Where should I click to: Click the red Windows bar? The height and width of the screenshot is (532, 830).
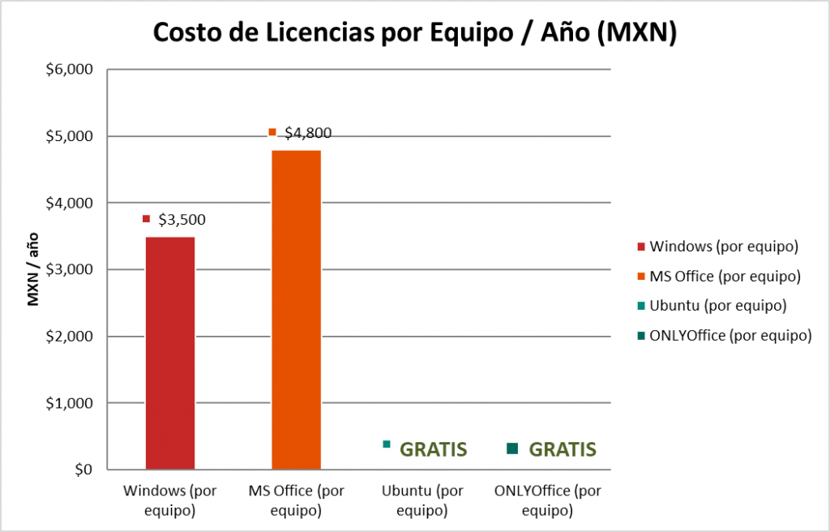tap(170, 353)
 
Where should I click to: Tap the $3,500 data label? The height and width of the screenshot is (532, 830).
tap(182, 219)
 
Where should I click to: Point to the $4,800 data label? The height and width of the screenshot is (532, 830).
tap(308, 134)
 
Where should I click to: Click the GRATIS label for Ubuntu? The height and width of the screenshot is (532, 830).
tap(434, 449)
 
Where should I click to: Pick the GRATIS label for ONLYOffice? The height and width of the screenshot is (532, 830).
tap(563, 449)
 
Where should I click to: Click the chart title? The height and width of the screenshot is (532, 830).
tap(414, 33)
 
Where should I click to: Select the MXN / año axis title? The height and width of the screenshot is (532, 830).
tap(33, 268)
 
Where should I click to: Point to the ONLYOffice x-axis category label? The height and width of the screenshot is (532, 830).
tap(548, 501)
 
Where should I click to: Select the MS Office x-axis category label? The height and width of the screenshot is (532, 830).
tap(296, 501)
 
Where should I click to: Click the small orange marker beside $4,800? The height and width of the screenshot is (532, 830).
tap(272, 132)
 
